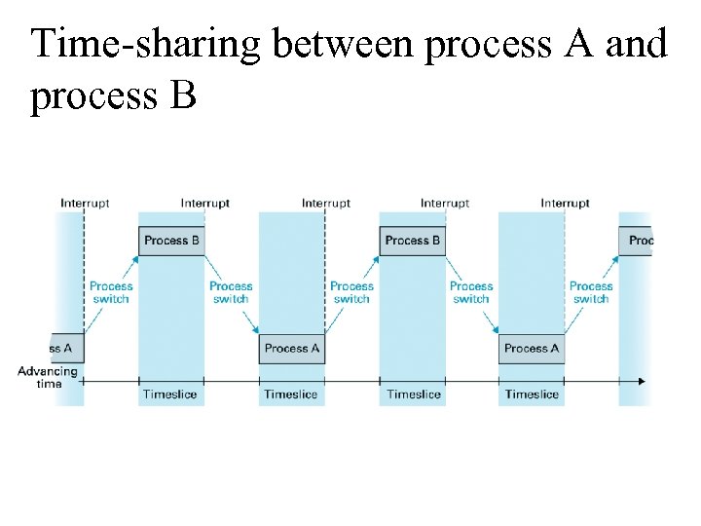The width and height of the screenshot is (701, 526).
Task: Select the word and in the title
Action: [x=636, y=45]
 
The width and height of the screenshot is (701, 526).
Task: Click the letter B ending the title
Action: [x=183, y=96]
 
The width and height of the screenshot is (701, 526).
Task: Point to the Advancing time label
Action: [x=47, y=377]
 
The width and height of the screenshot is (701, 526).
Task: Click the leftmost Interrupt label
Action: [x=85, y=204]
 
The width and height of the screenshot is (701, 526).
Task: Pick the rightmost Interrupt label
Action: [x=566, y=204]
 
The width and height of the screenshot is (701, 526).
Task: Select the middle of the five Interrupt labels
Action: [x=326, y=204]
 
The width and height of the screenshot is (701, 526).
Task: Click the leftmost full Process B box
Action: [x=171, y=241]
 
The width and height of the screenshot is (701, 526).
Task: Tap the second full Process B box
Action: [x=412, y=241]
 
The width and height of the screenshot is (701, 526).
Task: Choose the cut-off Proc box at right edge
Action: [x=637, y=241]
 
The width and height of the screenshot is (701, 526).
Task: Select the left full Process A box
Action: [x=292, y=349]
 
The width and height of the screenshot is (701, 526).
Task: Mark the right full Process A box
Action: [x=532, y=349]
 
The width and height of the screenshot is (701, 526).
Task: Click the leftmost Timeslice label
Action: [x=169, y=394]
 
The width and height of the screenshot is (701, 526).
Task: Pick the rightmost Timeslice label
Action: [x=532, y=394]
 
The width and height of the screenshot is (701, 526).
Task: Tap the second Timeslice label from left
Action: [x=290, y=394]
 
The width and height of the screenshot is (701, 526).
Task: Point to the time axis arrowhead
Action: [x=642, y=380]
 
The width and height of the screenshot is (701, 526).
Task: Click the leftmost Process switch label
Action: [x=111, y=292]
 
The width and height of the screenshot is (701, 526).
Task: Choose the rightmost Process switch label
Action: [x=591, y=292]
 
